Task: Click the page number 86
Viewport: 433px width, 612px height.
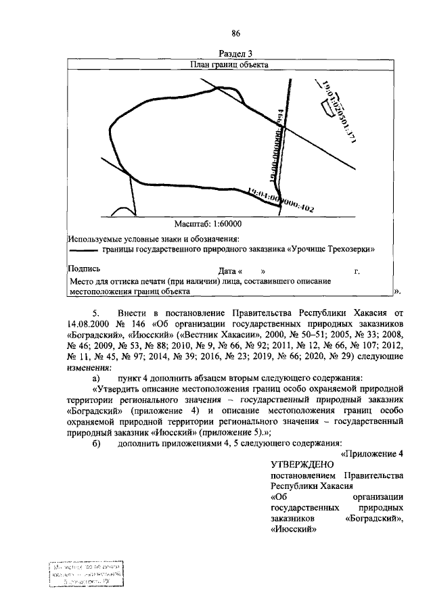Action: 236,34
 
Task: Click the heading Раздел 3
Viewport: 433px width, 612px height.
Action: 236,54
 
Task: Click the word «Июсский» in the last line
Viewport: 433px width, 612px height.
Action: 294,530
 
